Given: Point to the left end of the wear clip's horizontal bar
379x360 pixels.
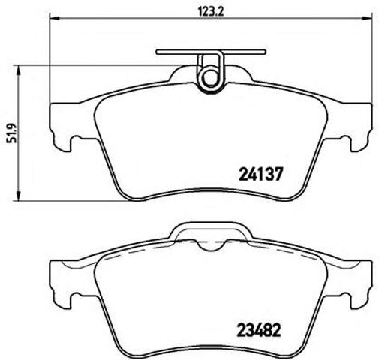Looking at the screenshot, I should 159,52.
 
